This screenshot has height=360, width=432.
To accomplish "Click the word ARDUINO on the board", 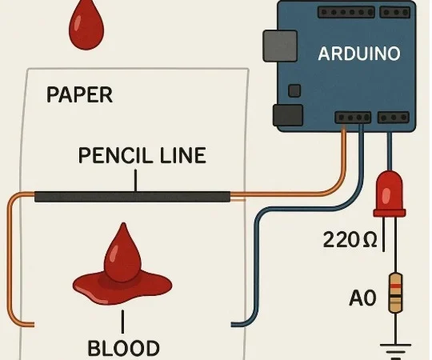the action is click(x=359, y=54).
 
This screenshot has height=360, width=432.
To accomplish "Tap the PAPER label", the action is click(x=80, y=94).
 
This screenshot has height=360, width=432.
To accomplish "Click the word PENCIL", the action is click(x=115, y=155).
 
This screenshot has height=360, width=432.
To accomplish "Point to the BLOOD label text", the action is click(x=123, y=348).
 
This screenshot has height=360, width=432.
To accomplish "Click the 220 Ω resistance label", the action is click(x=350, y=240).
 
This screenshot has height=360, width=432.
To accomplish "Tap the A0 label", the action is click(x=362, y=298).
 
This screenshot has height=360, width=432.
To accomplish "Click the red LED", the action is click(x=390, y=194).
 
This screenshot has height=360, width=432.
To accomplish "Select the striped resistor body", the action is click(x=395, y=293).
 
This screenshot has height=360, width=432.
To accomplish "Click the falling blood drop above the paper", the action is click(x=86, y=26).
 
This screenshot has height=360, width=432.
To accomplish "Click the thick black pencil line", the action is click(x=132, y=197).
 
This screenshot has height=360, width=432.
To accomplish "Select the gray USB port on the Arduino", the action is click(x=280, y=46).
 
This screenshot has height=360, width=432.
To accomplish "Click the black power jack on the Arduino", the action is click(x=288, y=115).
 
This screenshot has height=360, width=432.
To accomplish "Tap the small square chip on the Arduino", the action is click(x=294, y=90).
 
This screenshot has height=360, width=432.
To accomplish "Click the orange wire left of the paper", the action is click(x=10, y=259).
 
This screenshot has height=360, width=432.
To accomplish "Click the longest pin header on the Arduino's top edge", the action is click(x=346, y=12).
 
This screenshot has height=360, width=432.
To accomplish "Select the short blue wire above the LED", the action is click(x=390, y=151).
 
